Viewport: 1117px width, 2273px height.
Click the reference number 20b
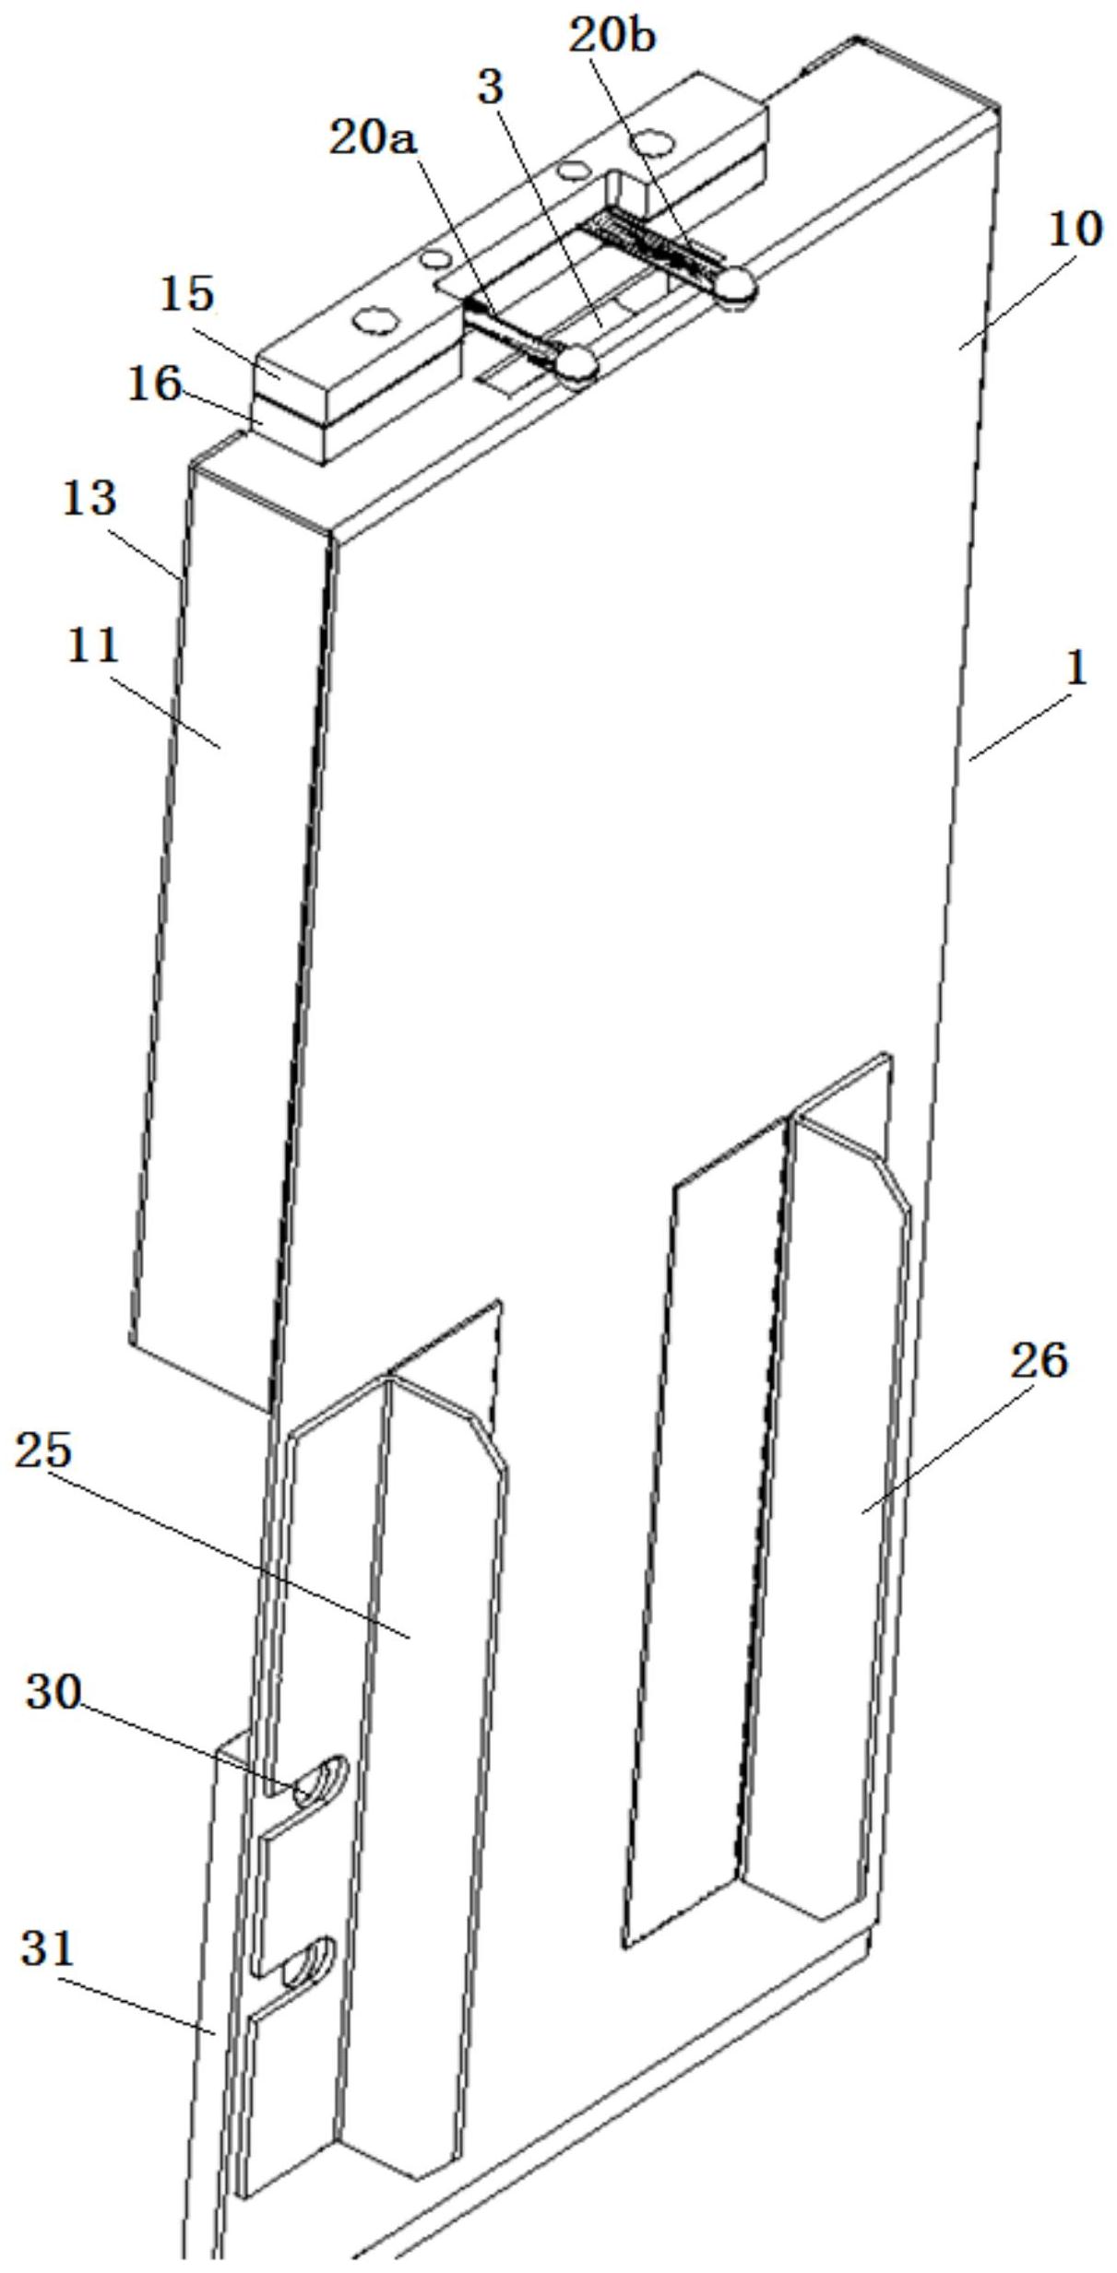pyautogui.click(x=612, y=37)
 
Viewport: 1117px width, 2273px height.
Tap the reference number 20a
pyautogui.click(x=374, y=139)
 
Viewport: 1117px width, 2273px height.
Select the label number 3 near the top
pyautogui.click(x=491, y=88)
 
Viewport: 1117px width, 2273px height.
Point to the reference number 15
pyautogui.click(x=187, y=293)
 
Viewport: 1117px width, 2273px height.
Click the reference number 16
pyautogui.click(x=154, y=384)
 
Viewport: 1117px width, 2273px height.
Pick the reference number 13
pyautogui.click(x=89, y=498)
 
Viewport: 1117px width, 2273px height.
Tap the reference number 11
pyautogui.click(x=93, y=645)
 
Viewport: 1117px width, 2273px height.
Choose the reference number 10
pyautogui.click(x=1075, y=229)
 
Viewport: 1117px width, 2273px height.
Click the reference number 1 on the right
pyautogui.click(x=1076, y=668)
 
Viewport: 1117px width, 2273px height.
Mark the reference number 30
pyautogui.click(x=53, y=1692)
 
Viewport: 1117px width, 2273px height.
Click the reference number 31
pyautogui.click(x=47, y=1947)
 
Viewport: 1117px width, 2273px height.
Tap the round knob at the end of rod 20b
pyautogui.click(x=736, y=286)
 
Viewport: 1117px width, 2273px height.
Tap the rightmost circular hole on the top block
pyautogui.click(x=656, y=142)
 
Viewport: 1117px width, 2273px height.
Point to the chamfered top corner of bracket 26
pyautogui.click(x=890, y=1183)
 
